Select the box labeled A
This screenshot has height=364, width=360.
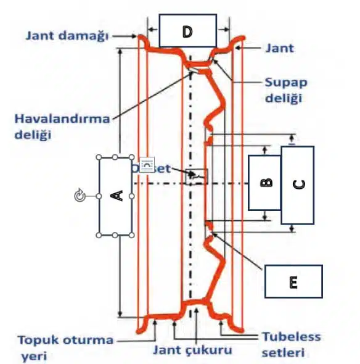[x=116, y=196]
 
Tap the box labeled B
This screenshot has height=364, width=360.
[x=264, y=182]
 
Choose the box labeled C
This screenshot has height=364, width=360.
[x=297, y=184]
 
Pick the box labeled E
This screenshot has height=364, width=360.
[x=293, y=282]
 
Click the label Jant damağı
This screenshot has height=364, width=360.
[x=67, y=35]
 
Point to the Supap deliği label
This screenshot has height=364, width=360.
[x=285, y=89]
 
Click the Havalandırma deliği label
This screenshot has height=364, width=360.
[x=62, y=125]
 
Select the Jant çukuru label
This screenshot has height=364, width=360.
[x=194, y=350]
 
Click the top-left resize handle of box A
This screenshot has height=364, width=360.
[x=99, y=157]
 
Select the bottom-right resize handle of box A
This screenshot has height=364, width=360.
[x=133, y=234]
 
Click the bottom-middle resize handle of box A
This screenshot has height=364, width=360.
[x=116, y=234]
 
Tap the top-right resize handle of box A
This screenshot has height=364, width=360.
[x=133, y=157]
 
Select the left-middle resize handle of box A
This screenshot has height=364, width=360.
[x=99, y=196]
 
